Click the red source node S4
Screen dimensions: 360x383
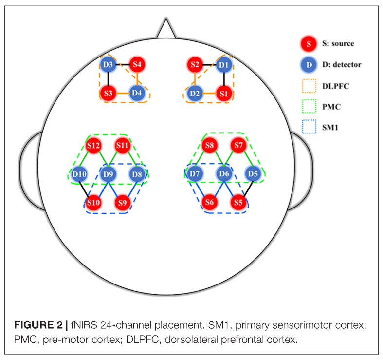coord(138,64)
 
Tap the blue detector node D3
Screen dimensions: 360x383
coord(108,64)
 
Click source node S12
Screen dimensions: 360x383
coord(93,145)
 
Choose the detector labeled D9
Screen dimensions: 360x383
coord(109,173)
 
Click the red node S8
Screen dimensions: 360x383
coord(210,145)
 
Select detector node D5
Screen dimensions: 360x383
coord(252,173)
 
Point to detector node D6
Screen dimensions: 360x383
coord(223,173)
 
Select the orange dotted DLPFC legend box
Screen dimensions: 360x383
coord(309,86)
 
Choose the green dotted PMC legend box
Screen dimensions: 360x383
coord(309,108)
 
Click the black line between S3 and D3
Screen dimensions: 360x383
coord(108,78)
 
